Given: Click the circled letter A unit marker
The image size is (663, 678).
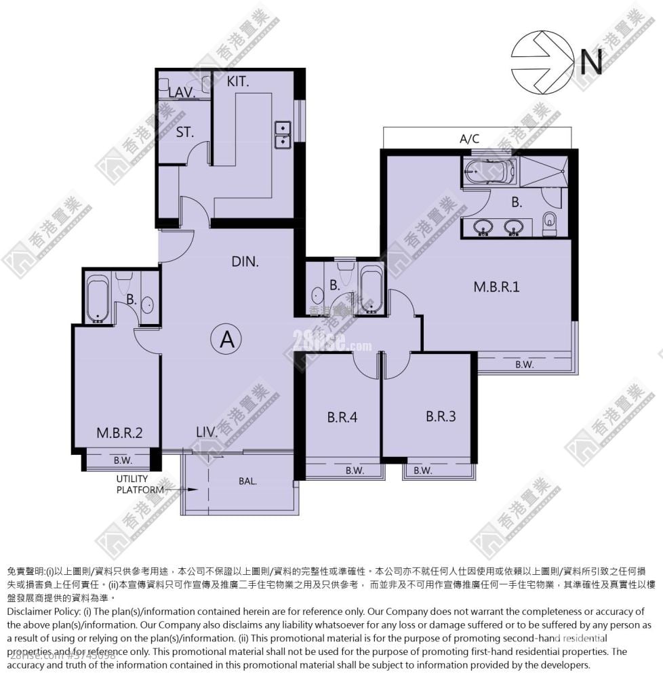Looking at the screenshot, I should pos(226,340).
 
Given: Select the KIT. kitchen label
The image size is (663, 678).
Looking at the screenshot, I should pos(238,82).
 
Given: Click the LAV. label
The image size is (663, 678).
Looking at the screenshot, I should pos(182,92).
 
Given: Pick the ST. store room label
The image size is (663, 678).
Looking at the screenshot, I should pos(184,132).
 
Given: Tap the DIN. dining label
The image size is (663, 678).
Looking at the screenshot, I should pos(245,261).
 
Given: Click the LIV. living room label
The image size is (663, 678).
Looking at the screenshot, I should pos(207,431).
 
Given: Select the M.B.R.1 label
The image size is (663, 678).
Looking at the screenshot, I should pos(496,286).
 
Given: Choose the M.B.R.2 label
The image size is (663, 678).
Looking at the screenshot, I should pos(119,433).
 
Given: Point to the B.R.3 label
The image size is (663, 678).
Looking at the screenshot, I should pos(441,416).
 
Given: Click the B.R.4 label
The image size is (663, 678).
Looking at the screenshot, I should pos(342,418).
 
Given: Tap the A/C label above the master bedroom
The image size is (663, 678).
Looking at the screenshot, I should pos(469,139).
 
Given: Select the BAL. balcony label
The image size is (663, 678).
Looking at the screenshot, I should pos(247,481).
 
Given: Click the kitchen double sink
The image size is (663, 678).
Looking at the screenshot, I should pos(282,134).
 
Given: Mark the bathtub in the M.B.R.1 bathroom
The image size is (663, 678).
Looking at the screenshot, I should pos(490,172).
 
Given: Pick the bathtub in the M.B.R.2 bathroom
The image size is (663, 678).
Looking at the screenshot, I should pos(98,297).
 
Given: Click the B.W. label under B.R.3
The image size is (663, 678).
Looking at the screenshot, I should pos(422,471).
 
